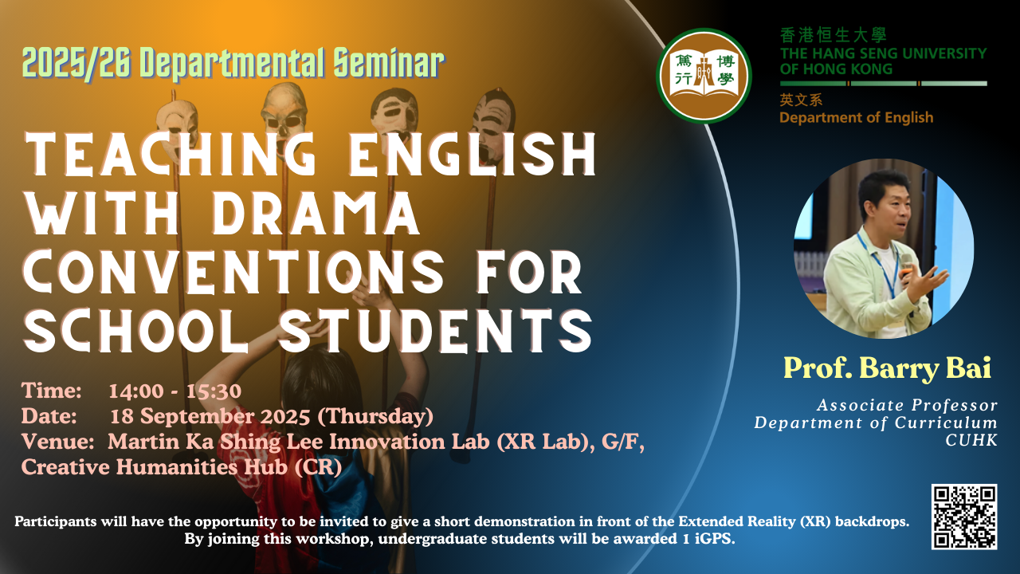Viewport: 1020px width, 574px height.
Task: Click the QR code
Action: (x=964, y=517)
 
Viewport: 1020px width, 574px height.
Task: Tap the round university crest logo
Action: (x=704, y=76)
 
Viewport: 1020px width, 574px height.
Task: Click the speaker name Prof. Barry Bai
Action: (x=887, y=368)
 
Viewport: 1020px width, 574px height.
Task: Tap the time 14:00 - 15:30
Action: (x=175, y=391)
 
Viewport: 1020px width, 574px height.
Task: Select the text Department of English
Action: (x=856, y=117)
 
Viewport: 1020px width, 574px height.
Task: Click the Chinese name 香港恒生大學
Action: (x=834, y=35)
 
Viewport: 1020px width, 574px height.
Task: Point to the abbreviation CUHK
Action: (x=971, y=440)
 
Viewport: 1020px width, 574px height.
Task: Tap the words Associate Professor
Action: (x=907, y=405)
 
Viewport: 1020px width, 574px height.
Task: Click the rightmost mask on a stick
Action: (x=493, y=123)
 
